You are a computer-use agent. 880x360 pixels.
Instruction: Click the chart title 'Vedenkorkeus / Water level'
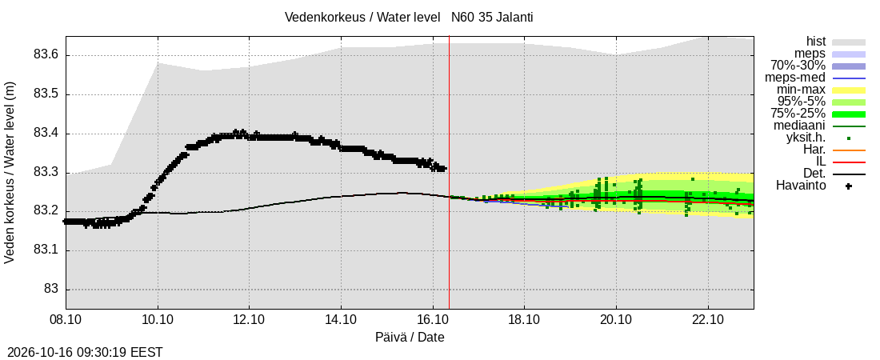(x=362, y=18)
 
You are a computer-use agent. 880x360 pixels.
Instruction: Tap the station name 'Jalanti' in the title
(x=514, y=18)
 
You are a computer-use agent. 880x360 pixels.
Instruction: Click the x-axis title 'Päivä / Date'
(x=410, y=338)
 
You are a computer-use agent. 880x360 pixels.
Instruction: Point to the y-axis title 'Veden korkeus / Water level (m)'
(x=10, y=173)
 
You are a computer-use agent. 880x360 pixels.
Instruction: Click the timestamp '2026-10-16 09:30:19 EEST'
(x=82, y=353)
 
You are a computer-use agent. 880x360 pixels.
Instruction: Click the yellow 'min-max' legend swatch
(x=849, y=90)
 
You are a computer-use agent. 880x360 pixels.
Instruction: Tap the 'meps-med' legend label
(x=800, y=78)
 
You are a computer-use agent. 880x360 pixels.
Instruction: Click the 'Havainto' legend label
(x=801, y=186)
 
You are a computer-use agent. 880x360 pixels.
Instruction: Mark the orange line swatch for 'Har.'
(x=849, y=150)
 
